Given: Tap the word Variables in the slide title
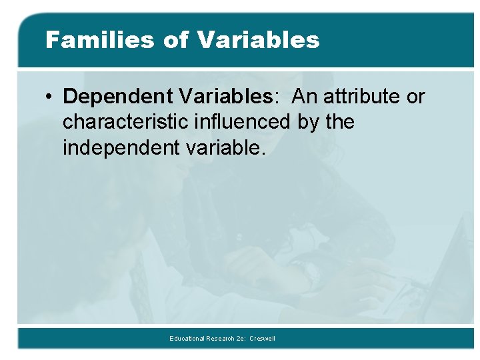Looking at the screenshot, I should [259, 40].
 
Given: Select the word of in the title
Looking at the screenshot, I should [176, 40].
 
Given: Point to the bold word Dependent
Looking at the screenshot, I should [118, 97].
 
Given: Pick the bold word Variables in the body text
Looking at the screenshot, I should [226, 97].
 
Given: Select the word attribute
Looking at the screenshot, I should [362, 97].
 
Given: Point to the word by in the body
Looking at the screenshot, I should [309, 123].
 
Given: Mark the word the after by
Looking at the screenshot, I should [341, 123].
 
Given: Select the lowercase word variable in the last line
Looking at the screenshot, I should [221, 148].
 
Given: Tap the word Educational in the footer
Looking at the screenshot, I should [187, 339].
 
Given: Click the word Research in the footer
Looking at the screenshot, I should [221, 339].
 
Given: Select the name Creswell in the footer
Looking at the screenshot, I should [263, 339].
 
